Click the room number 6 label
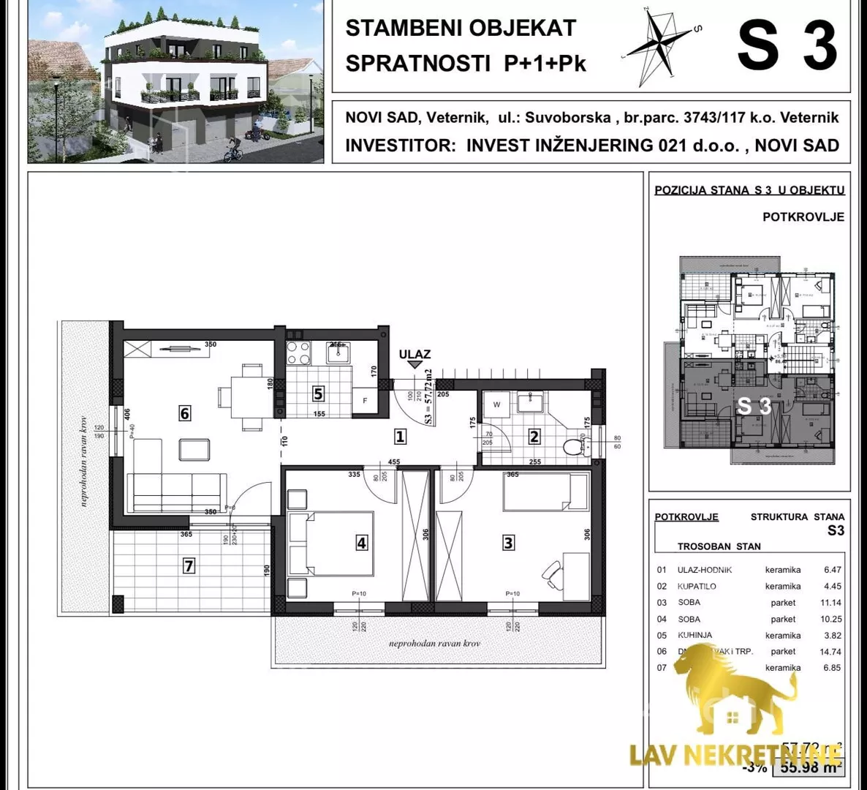point(184,413)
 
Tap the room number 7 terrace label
point(189,565)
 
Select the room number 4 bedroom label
point(361,542)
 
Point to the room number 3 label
point(509,542)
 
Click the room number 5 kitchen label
point(318,394)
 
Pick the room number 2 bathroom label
point(534,437)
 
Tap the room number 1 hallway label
point(400,437)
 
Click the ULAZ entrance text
point(414,354)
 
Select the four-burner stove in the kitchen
point(298,353)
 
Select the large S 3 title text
point(787,45)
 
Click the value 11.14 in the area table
point(831,603)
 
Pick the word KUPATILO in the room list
point(697,586)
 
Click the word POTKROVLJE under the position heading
point(803,217)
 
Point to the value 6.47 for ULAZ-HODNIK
point(832,570)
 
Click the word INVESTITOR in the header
point(401,145)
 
